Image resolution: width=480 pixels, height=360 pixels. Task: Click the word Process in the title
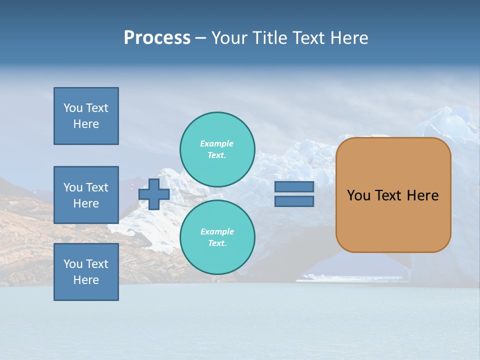click(157, 38)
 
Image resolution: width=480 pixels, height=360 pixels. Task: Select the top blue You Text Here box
click(86, 116)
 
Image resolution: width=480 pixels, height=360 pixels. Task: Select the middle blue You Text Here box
click(86, 195)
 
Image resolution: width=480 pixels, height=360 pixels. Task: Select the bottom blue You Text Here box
click(86, 272)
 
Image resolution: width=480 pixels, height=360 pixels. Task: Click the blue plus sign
click(154, 194)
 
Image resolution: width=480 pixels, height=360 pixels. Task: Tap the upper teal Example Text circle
click(217, 149)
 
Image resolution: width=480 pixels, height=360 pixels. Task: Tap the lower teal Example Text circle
click(217, 237)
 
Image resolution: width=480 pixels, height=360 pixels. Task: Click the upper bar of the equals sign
click(294, 187)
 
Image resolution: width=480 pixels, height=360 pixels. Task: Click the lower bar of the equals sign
click(294, 201)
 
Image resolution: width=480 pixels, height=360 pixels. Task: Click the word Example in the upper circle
click(217, 143)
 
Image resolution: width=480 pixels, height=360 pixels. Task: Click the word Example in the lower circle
click(217, 231)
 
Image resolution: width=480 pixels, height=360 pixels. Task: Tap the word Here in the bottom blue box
click(86, 280)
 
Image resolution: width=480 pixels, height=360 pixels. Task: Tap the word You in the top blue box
click(73, 108)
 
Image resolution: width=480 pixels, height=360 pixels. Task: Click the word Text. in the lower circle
click(217, 243)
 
